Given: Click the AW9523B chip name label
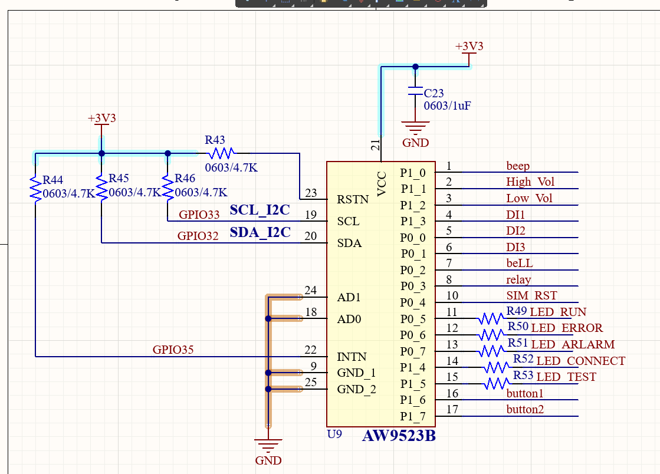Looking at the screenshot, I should (x=399, y=437).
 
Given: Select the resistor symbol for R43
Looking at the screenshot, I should (x=221, y=153).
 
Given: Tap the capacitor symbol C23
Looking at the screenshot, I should (x=415, y=93).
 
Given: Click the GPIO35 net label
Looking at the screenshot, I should (x=173, y=350).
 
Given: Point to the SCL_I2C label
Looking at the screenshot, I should (x=260, y=210).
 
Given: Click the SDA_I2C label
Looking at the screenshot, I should (x=260, y=232).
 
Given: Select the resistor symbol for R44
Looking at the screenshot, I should (x=36, y=188).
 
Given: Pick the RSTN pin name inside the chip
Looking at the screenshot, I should (x=353, y=199).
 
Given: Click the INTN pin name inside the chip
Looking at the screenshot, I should (x=352, y=357).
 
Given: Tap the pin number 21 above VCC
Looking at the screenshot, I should (x=375, y=146).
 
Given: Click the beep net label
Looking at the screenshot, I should (x=518, y=166).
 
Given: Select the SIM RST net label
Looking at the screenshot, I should (x=531, y=295).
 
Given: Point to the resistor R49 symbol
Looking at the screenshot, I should (x=491, y=319).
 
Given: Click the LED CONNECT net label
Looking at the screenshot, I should (x=580, y=361).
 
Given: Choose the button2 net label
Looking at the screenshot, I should (x=525, y=409).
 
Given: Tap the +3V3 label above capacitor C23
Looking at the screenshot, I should (x=469, y=47).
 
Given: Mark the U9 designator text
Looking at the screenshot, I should (x=334, y=434).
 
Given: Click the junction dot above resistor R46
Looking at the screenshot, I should (x=168, y=153).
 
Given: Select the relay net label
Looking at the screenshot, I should (x=518, y=279).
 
